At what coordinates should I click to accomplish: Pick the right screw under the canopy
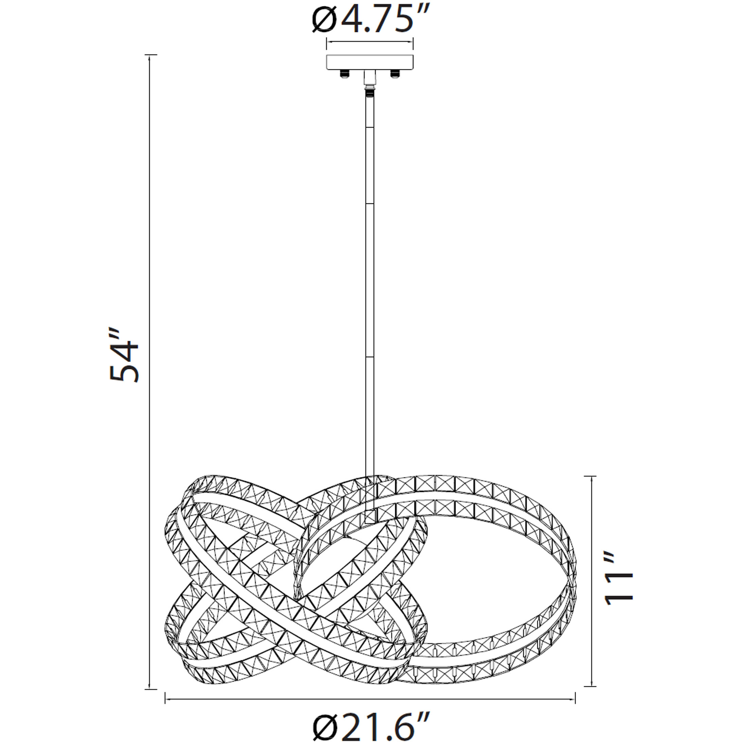click(395, 73)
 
